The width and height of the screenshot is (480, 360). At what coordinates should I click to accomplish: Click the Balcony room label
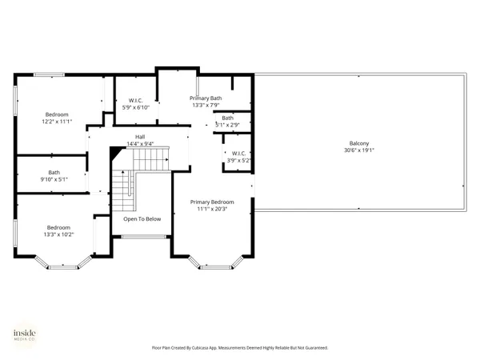pos(359,143)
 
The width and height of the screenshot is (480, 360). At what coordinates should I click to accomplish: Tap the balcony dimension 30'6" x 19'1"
pos(359,150)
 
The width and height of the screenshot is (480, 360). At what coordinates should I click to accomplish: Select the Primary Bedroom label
pos(212,202)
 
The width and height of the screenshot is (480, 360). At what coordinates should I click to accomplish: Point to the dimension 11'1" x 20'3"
pos(212,209)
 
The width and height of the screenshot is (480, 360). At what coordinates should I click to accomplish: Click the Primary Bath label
pos(206,98)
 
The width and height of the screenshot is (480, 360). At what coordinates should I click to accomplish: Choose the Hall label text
pos(140,137)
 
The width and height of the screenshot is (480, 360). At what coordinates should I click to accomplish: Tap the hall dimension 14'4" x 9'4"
pos(140,144)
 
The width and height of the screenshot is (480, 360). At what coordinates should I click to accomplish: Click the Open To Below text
pos(142,218)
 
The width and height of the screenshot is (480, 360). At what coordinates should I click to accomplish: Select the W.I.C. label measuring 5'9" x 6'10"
pos(135,100)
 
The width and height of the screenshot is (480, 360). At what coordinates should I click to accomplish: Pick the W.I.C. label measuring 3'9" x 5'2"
pos(238,153)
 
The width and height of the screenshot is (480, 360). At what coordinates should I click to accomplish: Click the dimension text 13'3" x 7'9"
pos(206,105)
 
